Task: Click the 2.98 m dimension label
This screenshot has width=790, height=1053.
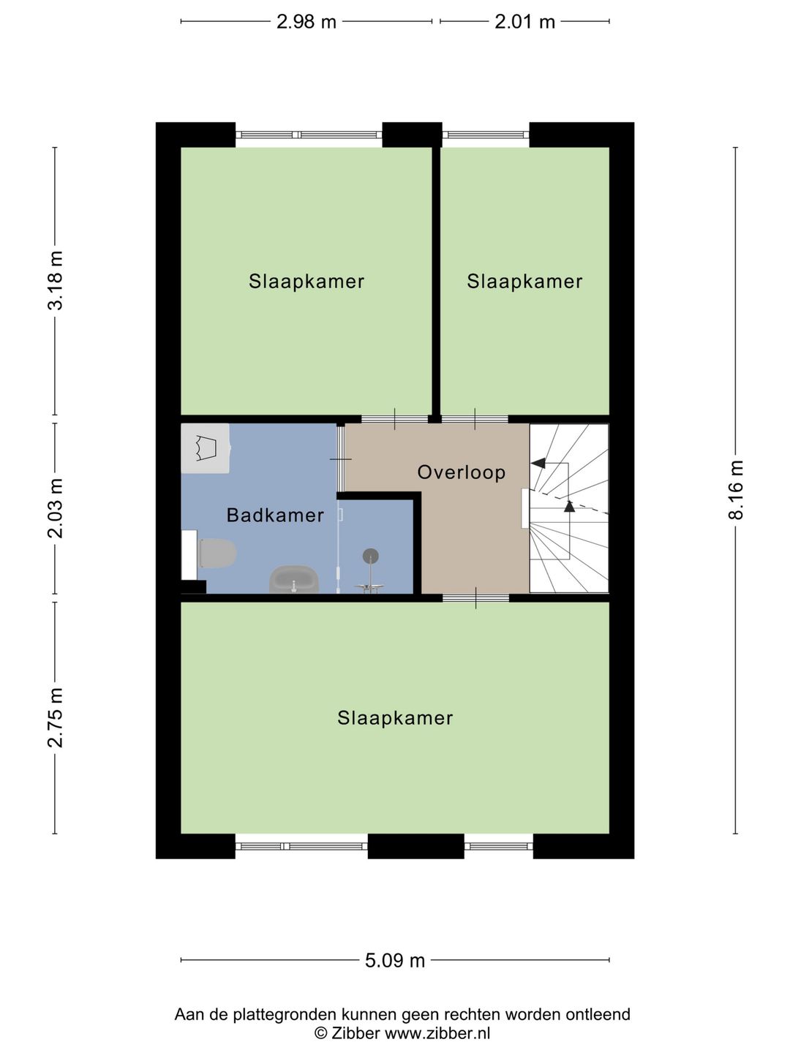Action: click(306, 22)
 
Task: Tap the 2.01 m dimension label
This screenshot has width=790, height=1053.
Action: click(524, 22)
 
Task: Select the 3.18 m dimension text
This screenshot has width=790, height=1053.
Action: click(56, 281)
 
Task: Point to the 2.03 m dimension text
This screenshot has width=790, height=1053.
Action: click(56, 508)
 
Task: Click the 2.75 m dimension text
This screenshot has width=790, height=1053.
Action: click(56, 717)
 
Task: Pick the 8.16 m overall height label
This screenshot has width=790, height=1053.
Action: click(736, 490)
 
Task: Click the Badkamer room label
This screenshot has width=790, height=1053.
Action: click(275, 516)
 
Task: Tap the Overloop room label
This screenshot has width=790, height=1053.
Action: click(462, 472)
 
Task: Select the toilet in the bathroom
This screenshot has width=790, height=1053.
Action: click(216, 553)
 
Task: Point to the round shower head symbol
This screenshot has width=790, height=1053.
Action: click(370, 556)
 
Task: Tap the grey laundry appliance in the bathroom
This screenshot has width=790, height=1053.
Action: click(206, 448)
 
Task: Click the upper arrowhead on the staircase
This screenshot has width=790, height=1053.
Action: click(538, 463)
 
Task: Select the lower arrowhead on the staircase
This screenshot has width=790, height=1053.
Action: click(569, 506)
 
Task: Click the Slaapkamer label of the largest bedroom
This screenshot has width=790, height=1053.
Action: click(395, 718)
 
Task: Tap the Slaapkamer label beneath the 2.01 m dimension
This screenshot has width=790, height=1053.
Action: click(524, 282)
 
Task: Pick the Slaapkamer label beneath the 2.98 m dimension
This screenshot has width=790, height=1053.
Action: click(306, 282)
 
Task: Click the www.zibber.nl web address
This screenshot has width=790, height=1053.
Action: click(437, 1033)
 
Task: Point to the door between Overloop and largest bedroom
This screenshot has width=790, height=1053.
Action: click(475, 597)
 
